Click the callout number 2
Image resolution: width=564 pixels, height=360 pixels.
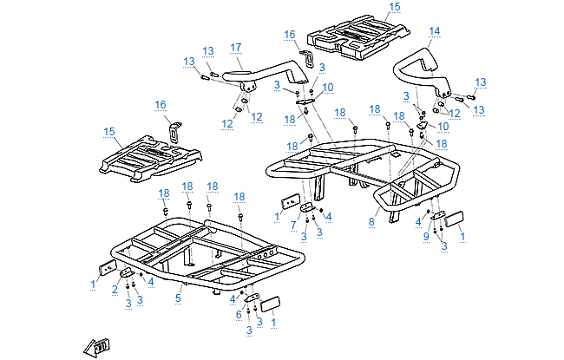click(114, 291)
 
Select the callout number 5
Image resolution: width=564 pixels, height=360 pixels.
click(179, 298)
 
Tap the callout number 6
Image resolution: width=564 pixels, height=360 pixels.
click(238, 314)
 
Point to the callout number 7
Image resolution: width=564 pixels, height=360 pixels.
click(294, 225)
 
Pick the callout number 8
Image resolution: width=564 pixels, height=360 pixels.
click(371, 223)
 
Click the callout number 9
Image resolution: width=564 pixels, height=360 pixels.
click(426, 235)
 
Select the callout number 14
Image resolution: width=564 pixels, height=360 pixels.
click(434, 31)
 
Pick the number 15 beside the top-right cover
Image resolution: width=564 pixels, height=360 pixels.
click(395, 7)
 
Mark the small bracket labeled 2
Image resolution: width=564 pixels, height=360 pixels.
click(128, 274)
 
